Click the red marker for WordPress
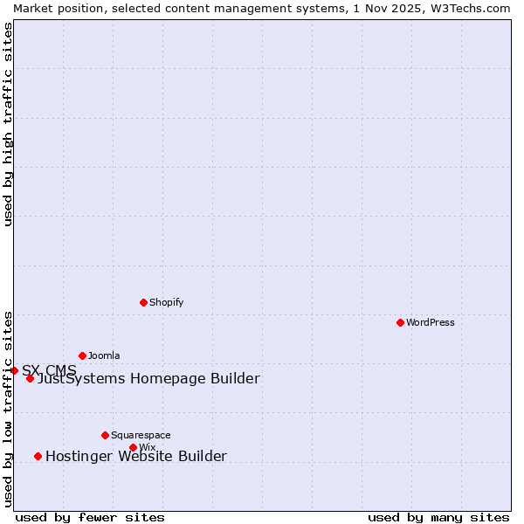coord(400,322)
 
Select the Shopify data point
coord(143,302)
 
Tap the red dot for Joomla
coord(82,355)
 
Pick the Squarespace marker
coord(105,435)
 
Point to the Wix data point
coord(133,447)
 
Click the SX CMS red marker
coord(14,370)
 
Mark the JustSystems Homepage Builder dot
coord(30,378)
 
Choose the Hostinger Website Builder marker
coord(38,456)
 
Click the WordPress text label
coord(431,322)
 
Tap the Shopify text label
coord(166,302)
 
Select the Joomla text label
coord(104,355)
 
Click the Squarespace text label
coord(141,435)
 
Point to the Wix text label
coord(147,447)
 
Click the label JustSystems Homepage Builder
coord(148,378)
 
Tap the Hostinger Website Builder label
coord(136,456)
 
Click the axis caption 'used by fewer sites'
coord(90,517)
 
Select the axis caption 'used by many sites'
coord(438,517)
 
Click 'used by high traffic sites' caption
coord(8,124)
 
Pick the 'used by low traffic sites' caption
coord(8,408)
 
